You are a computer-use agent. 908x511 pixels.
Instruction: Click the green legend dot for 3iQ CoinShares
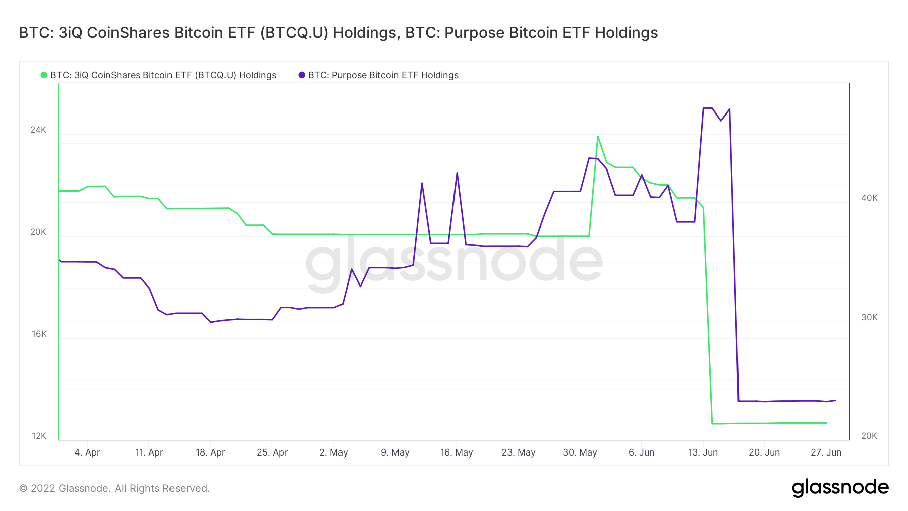44,75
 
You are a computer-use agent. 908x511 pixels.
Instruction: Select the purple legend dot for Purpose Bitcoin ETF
302,75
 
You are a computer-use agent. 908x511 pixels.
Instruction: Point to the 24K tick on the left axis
38,130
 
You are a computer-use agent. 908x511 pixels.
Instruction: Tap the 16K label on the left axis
39,334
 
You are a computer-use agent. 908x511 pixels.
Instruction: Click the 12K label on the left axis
39,436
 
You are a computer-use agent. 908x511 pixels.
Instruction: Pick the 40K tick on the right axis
869,198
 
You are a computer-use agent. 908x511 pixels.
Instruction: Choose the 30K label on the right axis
869,317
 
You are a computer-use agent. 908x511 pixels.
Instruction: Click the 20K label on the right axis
869,436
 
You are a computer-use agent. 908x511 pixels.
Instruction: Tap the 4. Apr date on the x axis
87,452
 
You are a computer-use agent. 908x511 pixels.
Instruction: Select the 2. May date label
333,452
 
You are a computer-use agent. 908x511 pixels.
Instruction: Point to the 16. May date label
457,452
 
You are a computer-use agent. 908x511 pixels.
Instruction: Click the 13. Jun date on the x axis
703,452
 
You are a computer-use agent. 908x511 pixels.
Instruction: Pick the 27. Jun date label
826,452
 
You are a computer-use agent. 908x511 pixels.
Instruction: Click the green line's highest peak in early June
598,136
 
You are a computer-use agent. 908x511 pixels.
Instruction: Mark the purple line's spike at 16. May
457,173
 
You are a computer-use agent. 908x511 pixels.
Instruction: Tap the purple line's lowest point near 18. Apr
211,322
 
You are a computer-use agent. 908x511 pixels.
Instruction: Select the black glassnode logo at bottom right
840,487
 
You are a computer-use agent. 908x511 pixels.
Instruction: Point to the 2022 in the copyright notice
43,488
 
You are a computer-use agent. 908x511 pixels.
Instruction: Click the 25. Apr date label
272,452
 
